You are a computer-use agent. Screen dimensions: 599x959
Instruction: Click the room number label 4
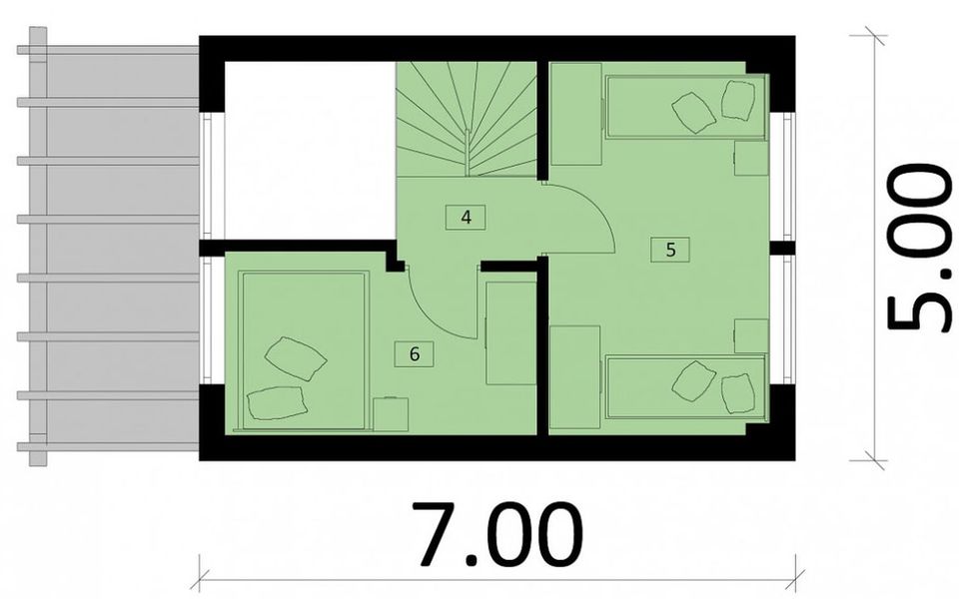467,216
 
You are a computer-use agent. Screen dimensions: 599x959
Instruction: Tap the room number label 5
669,250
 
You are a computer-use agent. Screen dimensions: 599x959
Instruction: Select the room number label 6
414,352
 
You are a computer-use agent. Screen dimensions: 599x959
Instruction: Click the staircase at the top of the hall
468,118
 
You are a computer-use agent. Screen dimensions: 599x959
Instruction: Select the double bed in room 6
300,349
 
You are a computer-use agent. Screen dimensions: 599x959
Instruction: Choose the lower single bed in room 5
685,387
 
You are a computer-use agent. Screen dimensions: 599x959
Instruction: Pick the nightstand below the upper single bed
750,158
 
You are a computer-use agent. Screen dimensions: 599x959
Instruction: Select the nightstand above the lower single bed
750,335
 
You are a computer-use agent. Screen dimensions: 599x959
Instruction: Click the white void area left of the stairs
310,150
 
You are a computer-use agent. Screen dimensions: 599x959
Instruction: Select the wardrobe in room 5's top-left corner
575,114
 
